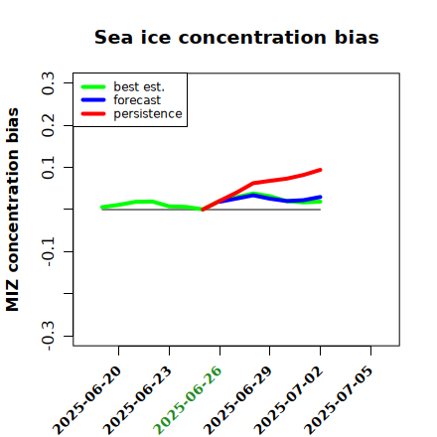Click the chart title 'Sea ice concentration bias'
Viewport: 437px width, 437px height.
[x=236, y=37]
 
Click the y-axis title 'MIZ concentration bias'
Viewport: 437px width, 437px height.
[x=13, y=210]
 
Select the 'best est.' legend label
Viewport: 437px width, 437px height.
[x=139, y=86]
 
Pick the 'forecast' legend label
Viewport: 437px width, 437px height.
[x=137, y=100]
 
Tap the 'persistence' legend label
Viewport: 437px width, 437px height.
[x=148, y=114]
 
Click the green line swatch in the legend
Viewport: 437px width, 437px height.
[x=93, y=86]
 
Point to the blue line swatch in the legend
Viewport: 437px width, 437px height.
[x=93, y=100]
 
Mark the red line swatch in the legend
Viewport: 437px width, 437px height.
[x=93, y=114]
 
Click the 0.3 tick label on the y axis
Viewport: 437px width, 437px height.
[x=48, y=83]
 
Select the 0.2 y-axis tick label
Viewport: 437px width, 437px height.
[x=48, y=125]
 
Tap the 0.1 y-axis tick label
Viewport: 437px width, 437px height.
[x=48, y=168]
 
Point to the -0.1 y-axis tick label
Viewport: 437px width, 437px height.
[x=48, y=251]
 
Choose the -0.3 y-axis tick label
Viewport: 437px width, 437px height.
[x=48, y=336]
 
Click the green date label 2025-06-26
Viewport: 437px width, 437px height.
[x=188, y=400]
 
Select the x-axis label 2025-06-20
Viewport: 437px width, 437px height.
[x=86, y=400]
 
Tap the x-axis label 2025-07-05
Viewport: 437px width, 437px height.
[x=339, y=400]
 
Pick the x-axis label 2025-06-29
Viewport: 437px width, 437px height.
[x=237, y=400]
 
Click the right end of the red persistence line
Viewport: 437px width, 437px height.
[x=320, y=170]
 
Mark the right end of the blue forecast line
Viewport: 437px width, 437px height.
[x=320, y=197]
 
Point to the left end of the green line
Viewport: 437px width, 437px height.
[x=102, y=208]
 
